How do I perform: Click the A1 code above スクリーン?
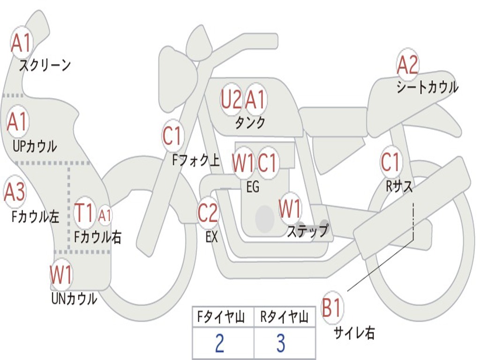coord(21,43)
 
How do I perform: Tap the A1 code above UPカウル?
coord(18,121)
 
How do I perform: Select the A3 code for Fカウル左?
coord(15,192)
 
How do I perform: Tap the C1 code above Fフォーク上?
coord(172,136)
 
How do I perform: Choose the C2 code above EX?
coord(208,213)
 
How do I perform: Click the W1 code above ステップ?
coord(290,209)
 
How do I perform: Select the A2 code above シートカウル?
coord(407,66)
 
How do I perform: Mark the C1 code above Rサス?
coord(390,163)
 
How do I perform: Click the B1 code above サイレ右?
coord(332,309)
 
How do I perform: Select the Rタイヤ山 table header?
coord(284,318)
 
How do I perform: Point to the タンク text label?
coord(250,123)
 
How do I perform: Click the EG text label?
coord(253,187)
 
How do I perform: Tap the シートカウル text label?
coord(427,87)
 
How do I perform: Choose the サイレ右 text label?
coord(354,333)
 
